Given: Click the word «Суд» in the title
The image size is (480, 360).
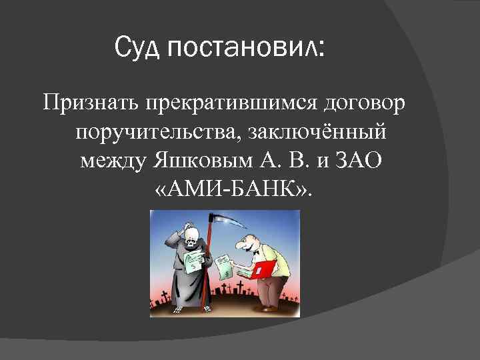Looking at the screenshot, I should [x=137, y=48].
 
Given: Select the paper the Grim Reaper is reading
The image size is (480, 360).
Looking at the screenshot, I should [x=193, y=261].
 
